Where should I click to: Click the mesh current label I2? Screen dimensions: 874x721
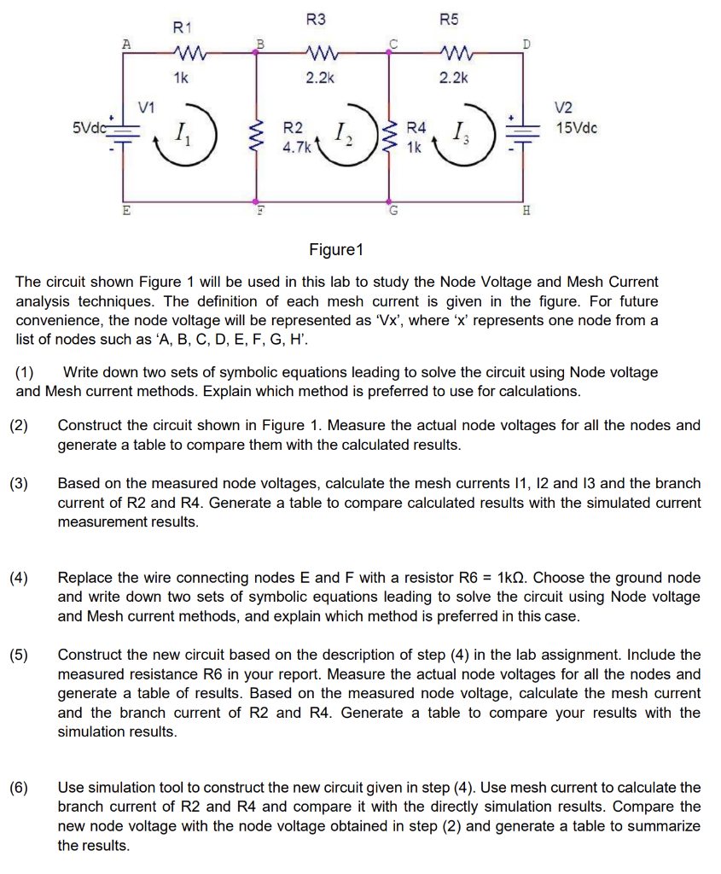pos(340,133)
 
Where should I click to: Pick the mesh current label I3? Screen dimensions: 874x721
pos(460,133)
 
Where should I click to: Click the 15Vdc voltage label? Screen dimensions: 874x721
pos(577,128)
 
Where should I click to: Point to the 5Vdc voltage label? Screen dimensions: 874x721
pos(88,128)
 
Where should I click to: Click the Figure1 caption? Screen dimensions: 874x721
pos(336,250)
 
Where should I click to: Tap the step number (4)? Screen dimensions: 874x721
pos(20,578)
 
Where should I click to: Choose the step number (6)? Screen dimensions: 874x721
pos(20,788)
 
